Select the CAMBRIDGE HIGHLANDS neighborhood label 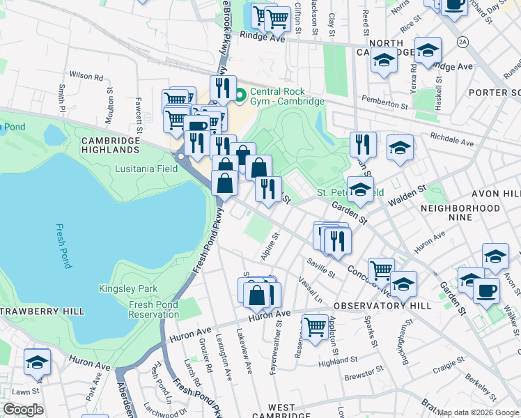click(x=110, y=145)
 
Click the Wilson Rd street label click(x=86, y=76)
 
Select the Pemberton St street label click(x=384, y=104)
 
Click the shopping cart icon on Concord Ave click(x=381, y=269)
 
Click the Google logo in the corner click(x=23, y=410)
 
